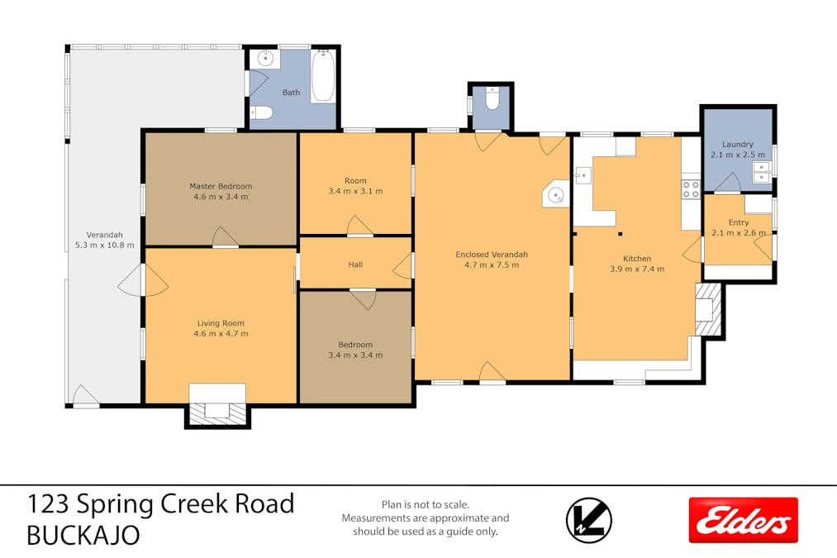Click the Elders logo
(743, 520)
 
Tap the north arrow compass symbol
(589, 520)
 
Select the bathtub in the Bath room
(323, 76)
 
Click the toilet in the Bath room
(262, 112)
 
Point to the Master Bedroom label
(221, 186)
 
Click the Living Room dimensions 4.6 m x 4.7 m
(221, 334)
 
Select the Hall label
(355, 265)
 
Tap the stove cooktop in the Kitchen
(691, 189)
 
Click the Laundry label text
(738, 144)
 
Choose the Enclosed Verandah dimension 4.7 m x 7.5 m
(492, 265)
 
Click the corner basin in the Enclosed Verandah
(556, 193)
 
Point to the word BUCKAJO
(83, 536)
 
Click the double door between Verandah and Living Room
(143, 279)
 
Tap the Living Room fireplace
(217, 410)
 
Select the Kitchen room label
(637, 259)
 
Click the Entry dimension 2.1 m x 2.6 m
(739, 233)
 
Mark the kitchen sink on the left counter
(583, 175)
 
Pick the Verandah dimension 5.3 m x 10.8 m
(105, 245)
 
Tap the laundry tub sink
(761, 172)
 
